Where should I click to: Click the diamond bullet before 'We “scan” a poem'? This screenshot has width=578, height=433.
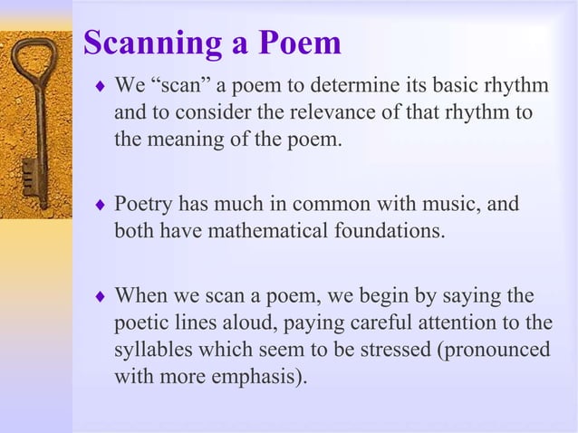pos(100,87)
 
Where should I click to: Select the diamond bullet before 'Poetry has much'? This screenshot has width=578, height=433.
pos(100,205)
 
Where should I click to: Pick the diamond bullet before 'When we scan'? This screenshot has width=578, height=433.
pos(100,296)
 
